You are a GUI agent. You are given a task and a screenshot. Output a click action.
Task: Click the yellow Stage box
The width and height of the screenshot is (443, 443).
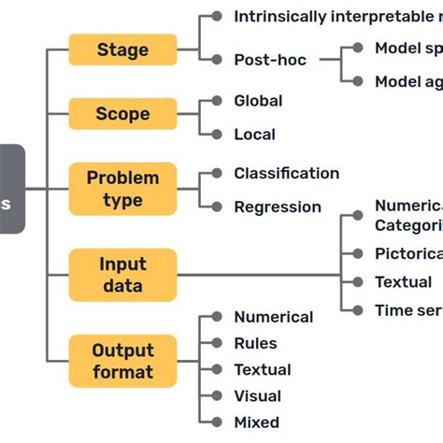pos(122,49)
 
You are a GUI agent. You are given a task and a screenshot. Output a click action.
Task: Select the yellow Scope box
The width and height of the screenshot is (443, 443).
pos(122,114)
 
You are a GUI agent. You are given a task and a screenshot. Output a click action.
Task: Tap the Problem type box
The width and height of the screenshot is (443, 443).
pos(122,189)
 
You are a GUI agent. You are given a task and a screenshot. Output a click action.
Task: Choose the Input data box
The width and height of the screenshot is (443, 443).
pos(122,275)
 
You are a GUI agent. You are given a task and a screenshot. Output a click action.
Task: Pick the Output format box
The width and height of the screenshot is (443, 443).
pos(122,361)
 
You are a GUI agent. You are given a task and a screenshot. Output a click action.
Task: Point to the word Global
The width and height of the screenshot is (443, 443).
pos(258,100)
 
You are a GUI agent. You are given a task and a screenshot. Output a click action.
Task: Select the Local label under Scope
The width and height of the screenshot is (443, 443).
pos(254,134)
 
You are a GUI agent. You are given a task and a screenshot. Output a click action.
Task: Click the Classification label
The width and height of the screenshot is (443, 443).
pos(286,173)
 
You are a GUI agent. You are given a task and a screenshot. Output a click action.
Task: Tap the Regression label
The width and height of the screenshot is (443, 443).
pos(277,207)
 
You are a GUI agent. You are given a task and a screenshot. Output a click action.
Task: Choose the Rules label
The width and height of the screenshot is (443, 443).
pos(256,343)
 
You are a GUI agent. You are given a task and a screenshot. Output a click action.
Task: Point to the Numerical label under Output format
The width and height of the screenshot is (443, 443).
pos(273,317)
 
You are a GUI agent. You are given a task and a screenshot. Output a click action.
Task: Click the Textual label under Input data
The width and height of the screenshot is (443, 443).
pos(403,281)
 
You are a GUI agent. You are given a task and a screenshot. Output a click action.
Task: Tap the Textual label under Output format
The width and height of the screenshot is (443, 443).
pos(263,369)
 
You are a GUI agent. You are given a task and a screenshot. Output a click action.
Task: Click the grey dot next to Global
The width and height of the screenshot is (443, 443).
pos(217,100)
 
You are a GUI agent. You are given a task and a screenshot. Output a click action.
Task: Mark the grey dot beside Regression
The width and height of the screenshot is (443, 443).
pos(217,207)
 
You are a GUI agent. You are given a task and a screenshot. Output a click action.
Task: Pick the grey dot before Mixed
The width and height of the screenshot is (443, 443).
pos(217,422)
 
